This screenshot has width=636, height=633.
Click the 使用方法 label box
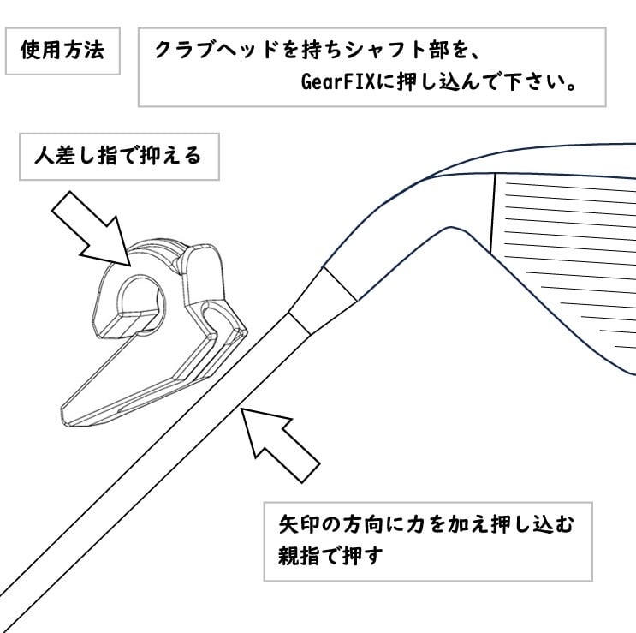click(62, 50)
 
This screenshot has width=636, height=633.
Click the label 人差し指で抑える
click(118, 156)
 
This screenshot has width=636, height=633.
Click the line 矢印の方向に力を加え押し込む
click(426, 523)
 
